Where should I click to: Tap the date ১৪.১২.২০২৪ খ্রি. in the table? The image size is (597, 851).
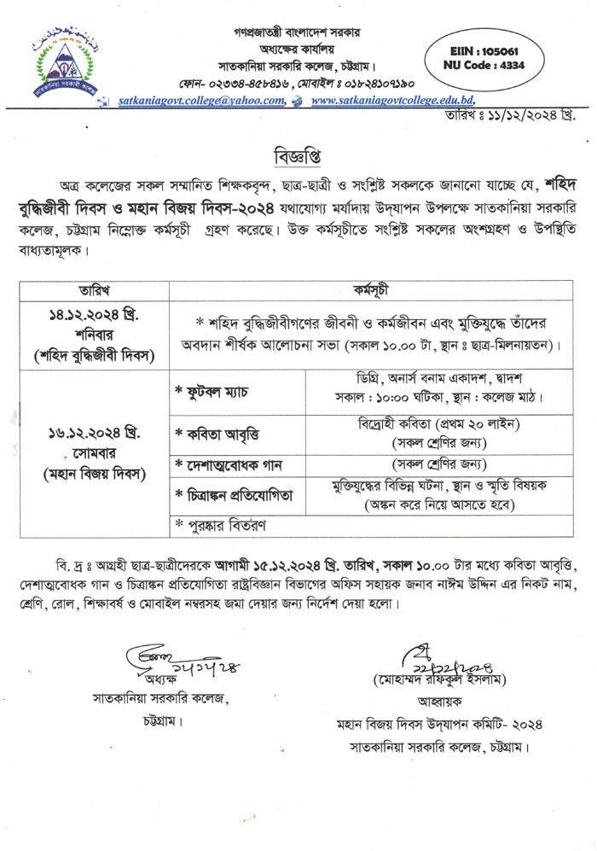click(x=95, y=316)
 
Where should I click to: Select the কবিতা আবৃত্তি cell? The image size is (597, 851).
click(x=217, y=431)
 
